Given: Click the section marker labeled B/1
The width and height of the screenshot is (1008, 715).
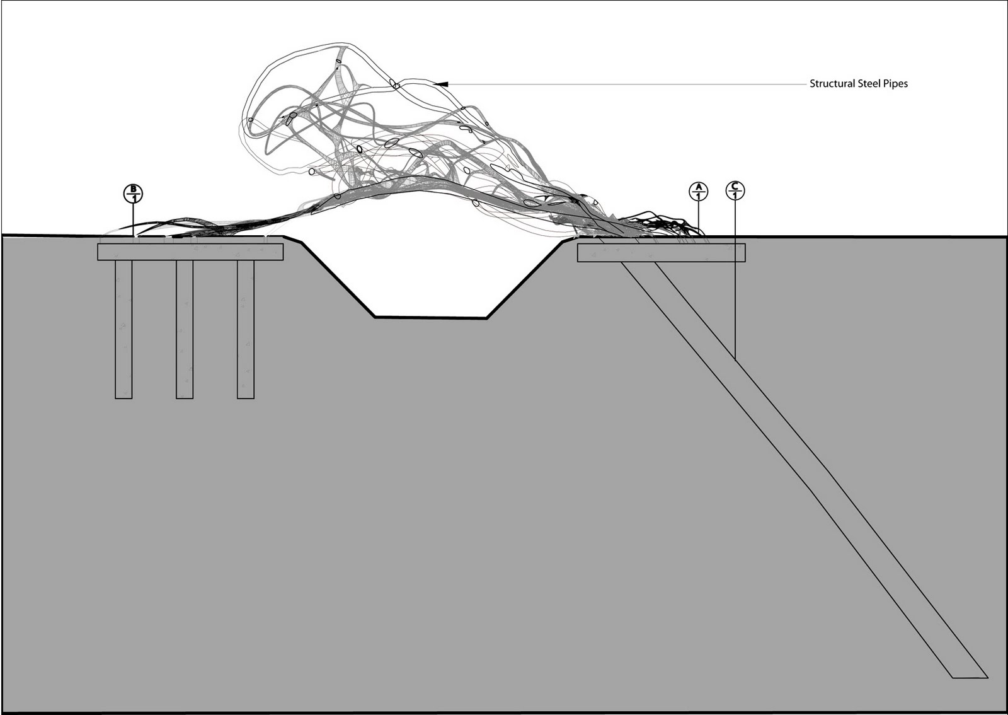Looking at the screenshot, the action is point(133,194).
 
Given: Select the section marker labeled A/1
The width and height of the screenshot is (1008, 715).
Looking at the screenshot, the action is point(698,191).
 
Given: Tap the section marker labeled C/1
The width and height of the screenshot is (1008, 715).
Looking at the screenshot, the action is point(735,190).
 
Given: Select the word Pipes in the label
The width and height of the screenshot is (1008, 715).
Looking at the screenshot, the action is point(895,83).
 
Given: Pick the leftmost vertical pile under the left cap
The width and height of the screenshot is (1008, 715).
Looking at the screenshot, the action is point(123,328).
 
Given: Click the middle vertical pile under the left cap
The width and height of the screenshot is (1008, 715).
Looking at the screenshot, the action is point(185,328).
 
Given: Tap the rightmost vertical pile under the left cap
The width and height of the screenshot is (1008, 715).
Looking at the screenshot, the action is point(246,328).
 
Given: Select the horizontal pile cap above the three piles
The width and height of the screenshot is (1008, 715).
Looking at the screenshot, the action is point(190,252).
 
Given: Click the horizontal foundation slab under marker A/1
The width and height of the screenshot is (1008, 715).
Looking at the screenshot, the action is point(661,253).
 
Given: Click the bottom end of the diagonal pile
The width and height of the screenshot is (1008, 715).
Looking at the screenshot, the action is point(969,677).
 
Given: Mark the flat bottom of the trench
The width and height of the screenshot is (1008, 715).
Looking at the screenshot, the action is point(430,317).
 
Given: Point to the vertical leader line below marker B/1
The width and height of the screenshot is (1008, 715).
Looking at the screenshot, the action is point(133,219).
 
